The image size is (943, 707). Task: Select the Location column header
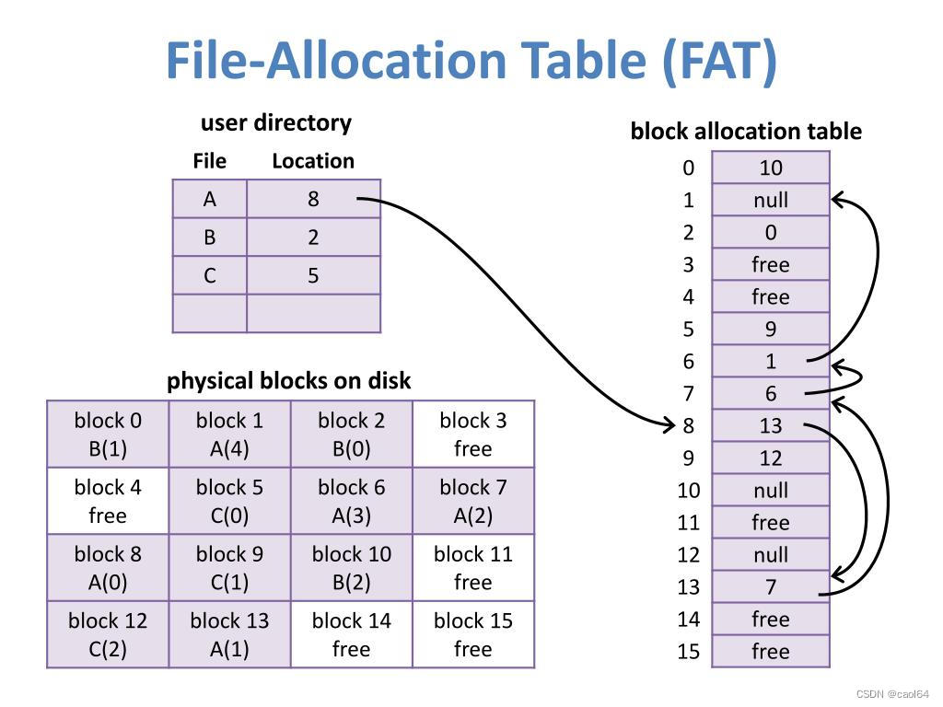312,161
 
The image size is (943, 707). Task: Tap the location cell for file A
313,199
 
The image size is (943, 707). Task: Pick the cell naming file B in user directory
210,238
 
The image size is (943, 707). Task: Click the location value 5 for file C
313,276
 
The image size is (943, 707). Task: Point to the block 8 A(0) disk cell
108,568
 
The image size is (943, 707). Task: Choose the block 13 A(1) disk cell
229,634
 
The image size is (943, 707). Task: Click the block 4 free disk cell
108,501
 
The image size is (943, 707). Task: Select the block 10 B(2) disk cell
351,568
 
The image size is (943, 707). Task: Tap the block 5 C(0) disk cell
229,501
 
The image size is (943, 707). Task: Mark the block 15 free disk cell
472,634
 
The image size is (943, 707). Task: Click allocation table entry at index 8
771,425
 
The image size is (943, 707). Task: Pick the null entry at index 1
771,200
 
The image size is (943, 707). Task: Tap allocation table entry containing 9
771,329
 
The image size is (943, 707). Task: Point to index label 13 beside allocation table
689,586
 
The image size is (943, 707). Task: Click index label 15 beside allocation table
689,651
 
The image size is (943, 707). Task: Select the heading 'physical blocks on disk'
288,381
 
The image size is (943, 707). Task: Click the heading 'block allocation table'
746,132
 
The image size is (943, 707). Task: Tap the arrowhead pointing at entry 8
671,424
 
